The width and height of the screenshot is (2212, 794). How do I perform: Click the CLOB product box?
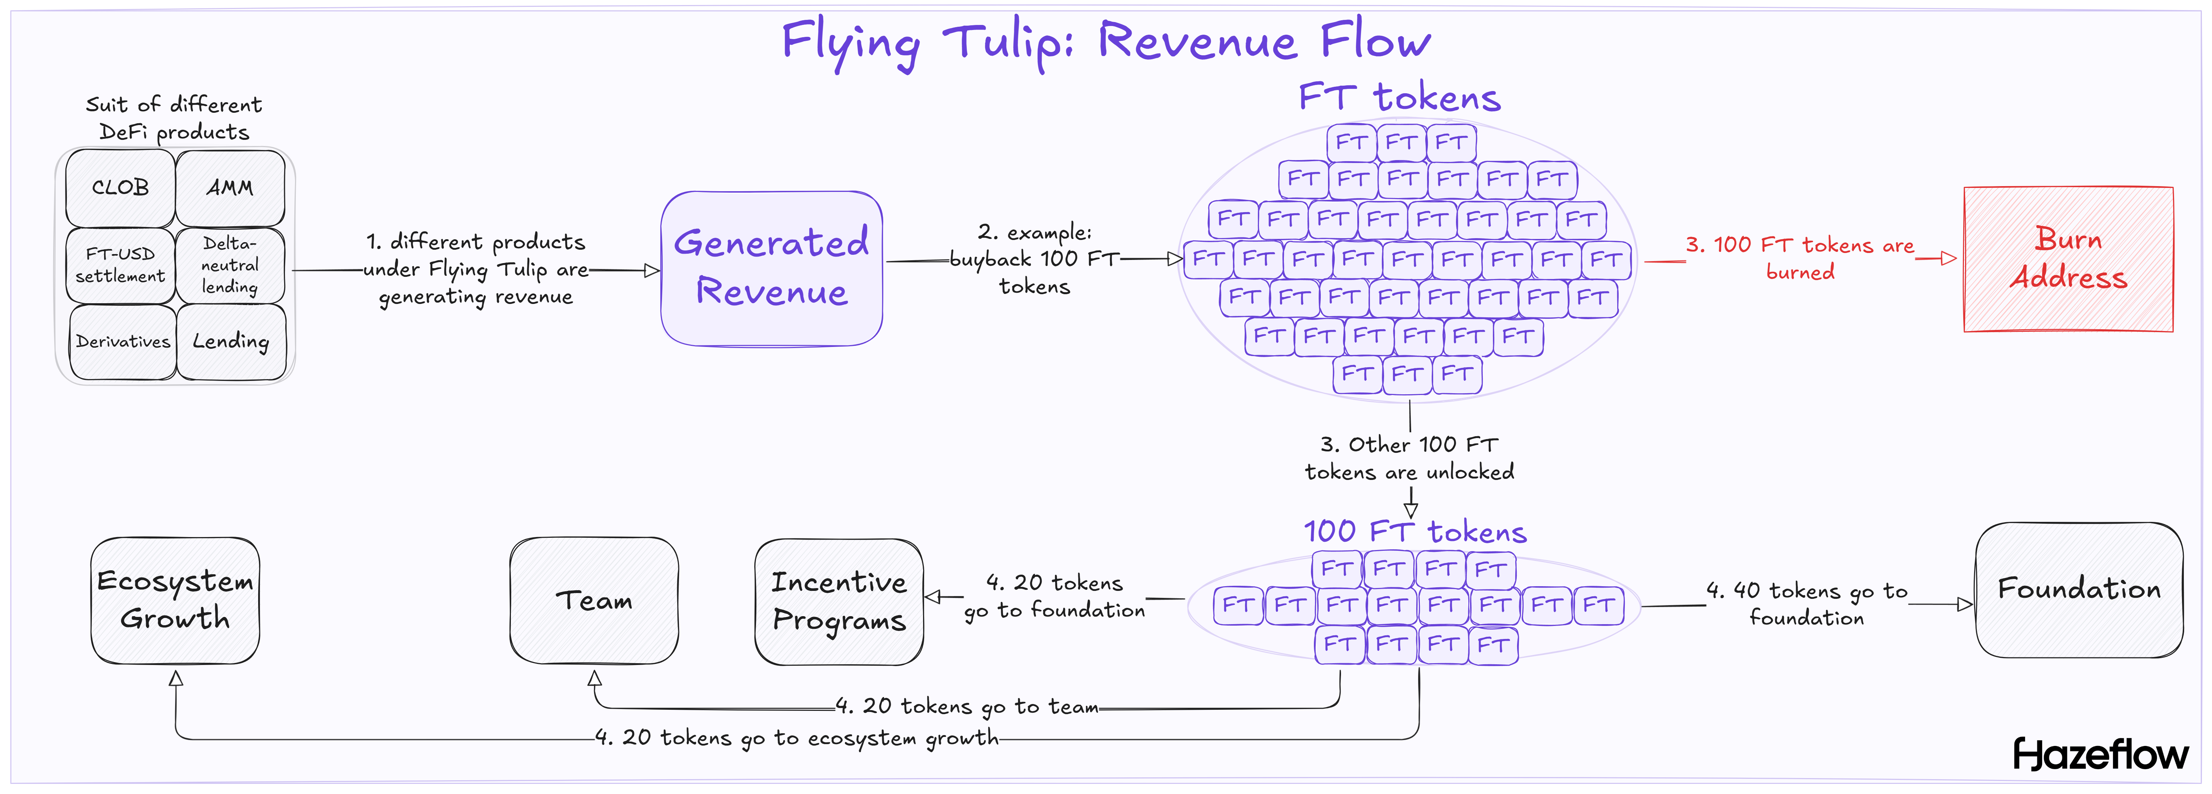pos(120,187)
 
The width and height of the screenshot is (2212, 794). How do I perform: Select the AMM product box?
pos(230,187)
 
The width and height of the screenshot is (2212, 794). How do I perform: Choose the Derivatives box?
pos(123,342)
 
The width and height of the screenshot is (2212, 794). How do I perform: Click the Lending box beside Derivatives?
pos(231,342)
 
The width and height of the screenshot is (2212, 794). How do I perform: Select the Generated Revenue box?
pos(771,268)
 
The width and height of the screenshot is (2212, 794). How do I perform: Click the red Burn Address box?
pos(2068,258)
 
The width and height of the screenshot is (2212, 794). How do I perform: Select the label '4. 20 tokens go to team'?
pos(967,707)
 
